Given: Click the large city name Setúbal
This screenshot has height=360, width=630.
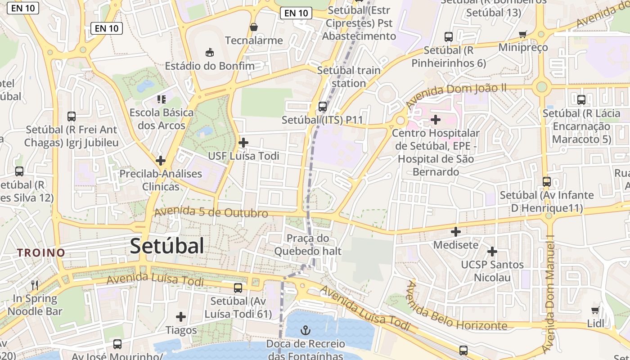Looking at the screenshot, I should tap(167, 246).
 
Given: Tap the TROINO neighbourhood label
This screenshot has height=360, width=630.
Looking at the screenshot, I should tap(41, 252).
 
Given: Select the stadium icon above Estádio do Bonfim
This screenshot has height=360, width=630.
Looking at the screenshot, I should tap(209, 53).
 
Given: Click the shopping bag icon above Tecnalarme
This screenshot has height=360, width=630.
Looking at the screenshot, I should tap(254, 27).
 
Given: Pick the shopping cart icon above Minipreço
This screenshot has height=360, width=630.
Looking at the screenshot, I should tap(522, 34).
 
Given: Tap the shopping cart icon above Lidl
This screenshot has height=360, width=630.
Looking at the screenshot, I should tap(595, 310).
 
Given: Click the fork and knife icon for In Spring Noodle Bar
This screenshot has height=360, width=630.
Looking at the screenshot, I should tap(35, 285).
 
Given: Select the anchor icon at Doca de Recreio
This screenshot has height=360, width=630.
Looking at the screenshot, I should tap(306, 331).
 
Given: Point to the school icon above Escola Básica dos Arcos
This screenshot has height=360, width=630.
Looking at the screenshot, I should tap(161, 99).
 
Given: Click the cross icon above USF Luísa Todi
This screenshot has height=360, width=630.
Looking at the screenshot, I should tap(243, 143).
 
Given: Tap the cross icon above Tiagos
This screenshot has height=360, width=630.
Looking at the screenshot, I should tap(181, 317).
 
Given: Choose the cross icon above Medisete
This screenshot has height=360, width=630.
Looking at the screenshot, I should tap(456, 232).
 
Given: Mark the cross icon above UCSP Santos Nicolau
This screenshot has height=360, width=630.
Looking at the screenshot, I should tap(492, 251).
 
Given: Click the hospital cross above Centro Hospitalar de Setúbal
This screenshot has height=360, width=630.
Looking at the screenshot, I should tap(435, 120).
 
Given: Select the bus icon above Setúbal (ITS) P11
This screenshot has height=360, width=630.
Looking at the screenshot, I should tap(322, 107).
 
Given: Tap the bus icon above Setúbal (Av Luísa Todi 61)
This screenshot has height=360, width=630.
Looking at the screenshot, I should tap(238, 288).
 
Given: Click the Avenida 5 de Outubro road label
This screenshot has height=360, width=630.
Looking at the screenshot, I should tap(211, 212).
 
